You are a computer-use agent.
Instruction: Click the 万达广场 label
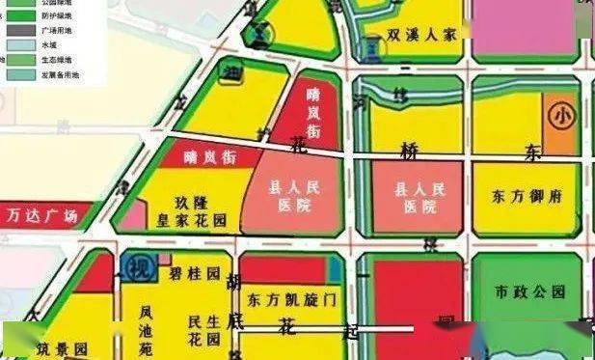coord(41,214)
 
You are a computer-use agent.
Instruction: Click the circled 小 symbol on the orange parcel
coord(560,115)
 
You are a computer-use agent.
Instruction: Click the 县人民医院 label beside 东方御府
coord(416,198)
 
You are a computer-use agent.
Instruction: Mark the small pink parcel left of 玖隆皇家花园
coord(131,217)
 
